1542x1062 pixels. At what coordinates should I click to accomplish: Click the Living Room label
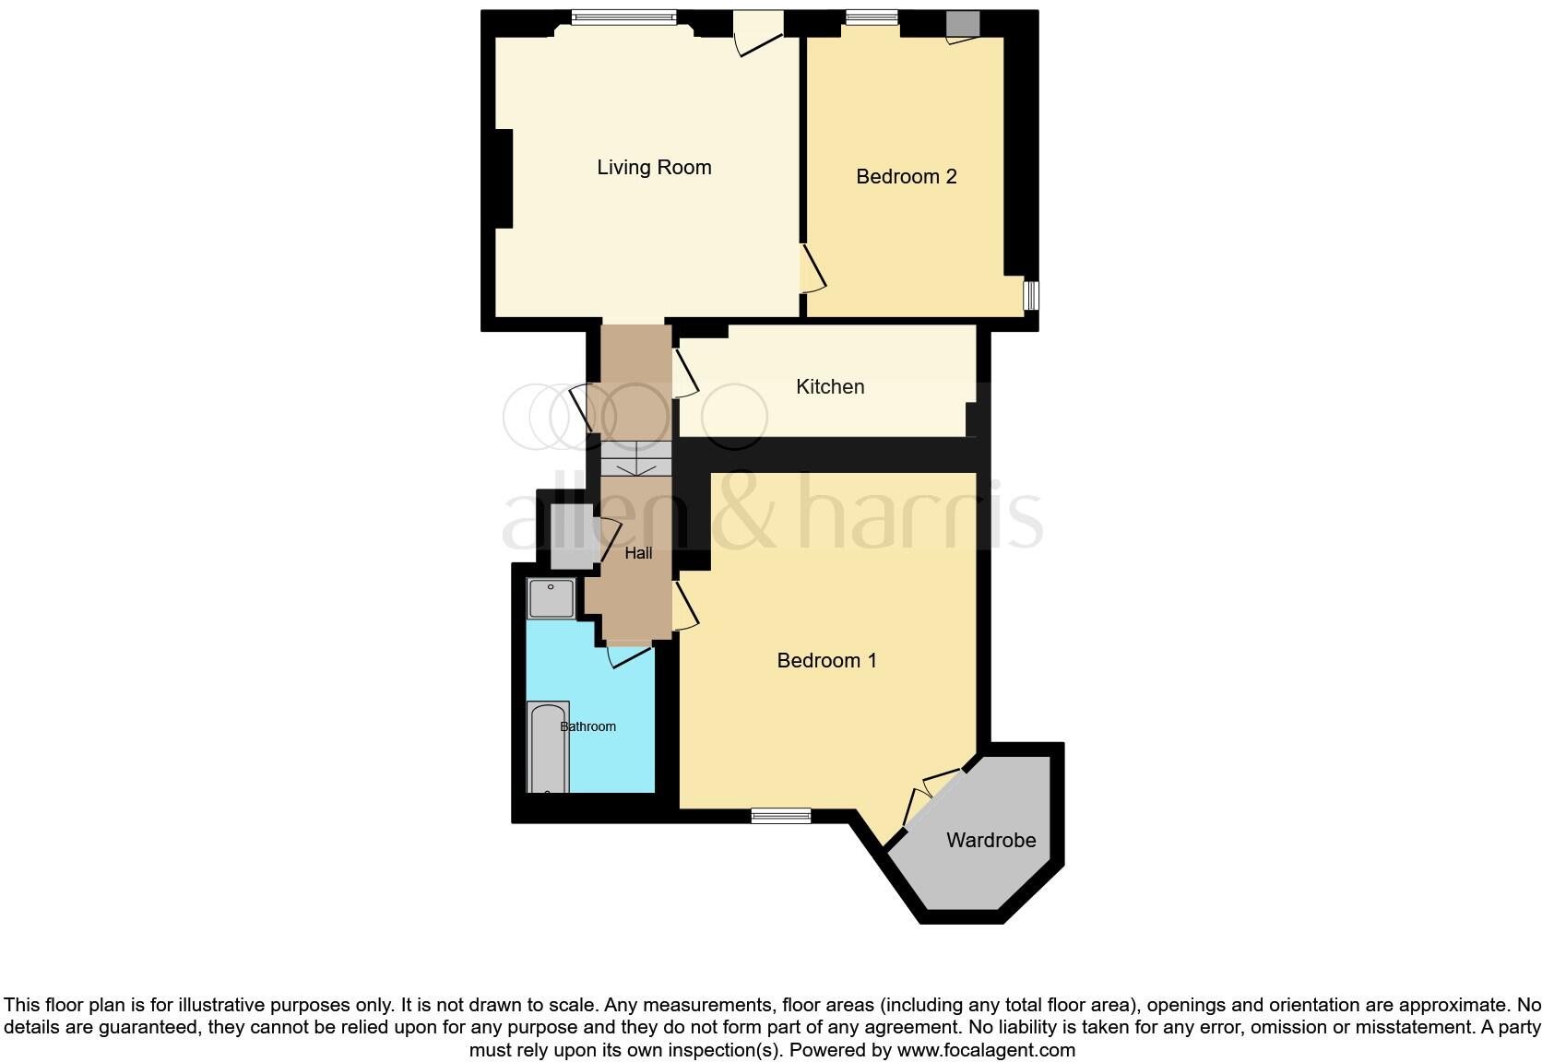click(x=654, y=168)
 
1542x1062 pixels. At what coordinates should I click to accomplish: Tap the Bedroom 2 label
click(x=906, y=177)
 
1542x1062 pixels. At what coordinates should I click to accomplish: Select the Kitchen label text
click(x=830, y=387)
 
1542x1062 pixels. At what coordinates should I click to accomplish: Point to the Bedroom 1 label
click(x=826, y=661)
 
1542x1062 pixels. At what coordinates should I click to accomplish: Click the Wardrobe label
click(x=990, y=841)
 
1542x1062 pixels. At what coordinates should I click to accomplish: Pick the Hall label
click(x=638, y=553)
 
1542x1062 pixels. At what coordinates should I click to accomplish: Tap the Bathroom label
click(x=588, y=726)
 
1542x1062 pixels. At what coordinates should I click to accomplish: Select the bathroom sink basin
click(x=551, y=598)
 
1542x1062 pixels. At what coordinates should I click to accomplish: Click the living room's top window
click(x=623, y=17)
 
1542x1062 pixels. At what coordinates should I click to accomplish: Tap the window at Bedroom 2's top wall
click(x=872, y=17)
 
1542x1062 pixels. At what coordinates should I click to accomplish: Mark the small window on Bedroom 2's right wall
click(x=1032, y=295)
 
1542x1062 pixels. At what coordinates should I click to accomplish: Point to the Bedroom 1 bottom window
click(x=780, y=816)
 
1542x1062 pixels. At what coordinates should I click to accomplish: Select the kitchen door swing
click(x=684, y=373)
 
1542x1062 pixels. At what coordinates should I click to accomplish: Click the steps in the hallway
click(x=635, y=458)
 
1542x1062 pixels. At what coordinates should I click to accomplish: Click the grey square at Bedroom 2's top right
click(x=962, y=24)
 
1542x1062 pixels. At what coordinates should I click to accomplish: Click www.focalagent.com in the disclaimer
click(x=986, y=1050)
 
